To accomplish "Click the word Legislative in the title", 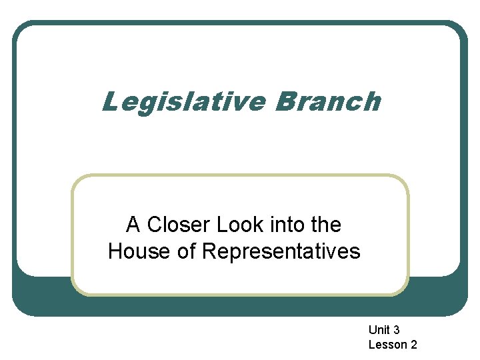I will click(182, 103).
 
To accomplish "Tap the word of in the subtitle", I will click(184, 252).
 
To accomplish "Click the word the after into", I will click(325, 225).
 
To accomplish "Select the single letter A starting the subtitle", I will click(133, 225).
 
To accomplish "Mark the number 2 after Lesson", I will click(414, 345).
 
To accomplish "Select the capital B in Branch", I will click(282, 102).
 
